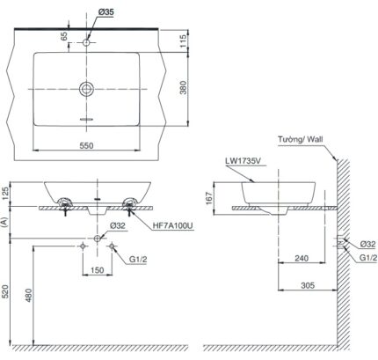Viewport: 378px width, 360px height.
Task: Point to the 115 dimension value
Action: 182,41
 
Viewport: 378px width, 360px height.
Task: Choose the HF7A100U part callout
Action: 172,227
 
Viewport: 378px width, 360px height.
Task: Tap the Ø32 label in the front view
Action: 116,227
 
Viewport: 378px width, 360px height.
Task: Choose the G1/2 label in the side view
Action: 367,258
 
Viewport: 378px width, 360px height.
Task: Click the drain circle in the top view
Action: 86,88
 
